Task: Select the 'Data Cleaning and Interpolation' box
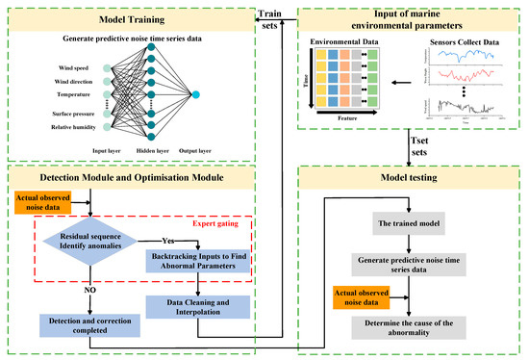(197, 306)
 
